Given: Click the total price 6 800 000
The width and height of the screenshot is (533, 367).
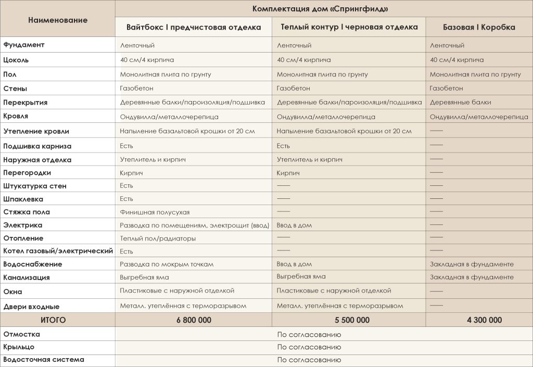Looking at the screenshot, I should coord(193,320).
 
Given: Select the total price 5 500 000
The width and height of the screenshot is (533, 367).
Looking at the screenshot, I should coord(349,320).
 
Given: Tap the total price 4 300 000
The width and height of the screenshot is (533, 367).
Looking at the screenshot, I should coord(480,320).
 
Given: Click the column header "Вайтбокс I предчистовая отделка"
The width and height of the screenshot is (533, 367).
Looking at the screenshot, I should coord(194,27).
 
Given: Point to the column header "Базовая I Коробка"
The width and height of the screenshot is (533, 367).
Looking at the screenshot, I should coord(479,27).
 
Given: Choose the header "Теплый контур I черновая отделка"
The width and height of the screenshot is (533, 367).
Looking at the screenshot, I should coord(349,27).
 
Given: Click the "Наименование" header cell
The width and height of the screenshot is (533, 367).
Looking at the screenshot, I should coord(58,20).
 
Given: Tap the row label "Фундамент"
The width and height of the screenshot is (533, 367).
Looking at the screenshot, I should coord(24,45).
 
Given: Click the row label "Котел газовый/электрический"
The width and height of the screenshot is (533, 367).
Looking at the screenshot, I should coord(58,251).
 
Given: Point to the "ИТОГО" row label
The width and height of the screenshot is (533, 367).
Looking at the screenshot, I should coord(53,320).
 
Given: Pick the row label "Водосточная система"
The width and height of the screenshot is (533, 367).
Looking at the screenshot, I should coord(44,360).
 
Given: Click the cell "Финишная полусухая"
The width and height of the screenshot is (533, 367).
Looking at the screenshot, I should coord(155,212).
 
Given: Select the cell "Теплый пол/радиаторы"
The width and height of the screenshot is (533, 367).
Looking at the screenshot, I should coord(158,238).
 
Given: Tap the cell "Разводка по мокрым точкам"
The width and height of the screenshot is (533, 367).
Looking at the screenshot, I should coord(167,264).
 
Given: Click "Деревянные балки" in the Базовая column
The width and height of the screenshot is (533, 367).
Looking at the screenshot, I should coord(460,103).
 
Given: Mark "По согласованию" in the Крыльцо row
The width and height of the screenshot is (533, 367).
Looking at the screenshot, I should coord(309,347).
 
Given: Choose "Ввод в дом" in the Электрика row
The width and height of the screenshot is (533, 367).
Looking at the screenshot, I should coord(294,225).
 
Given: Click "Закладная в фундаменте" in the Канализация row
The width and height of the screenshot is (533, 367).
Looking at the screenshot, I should coord(472,277).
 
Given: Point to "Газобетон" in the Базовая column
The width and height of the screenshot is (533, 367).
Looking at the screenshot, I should coord(446,88).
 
